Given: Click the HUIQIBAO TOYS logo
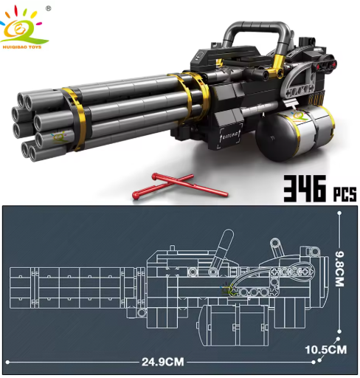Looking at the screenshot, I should (x=24, y=28).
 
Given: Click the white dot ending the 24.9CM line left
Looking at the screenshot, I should (x=7, y=362).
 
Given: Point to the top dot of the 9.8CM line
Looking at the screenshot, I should (x=339, y=212).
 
